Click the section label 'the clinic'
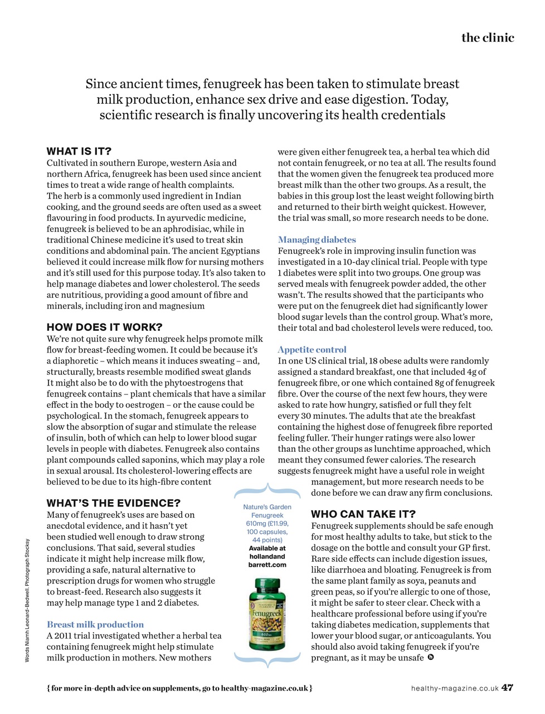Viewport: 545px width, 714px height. pos(488,38)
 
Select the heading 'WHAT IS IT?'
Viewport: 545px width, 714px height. pos(79,151)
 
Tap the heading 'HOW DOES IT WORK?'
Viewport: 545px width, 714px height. pos(105,327)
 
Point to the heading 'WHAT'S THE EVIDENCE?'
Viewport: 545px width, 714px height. pos(114,503)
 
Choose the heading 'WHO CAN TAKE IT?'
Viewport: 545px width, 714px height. pos(363,514)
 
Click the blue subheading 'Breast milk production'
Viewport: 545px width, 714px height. pos(95,625)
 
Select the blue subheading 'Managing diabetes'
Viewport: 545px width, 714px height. pos(317,240)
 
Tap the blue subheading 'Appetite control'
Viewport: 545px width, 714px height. pos(312,350)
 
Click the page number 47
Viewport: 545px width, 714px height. pos(507,688)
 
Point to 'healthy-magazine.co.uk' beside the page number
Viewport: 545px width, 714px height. pos(455,688)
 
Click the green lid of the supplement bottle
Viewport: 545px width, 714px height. pos(267,585)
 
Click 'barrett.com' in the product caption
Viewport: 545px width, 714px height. pos(267,565)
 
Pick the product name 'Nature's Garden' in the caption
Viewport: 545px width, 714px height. pos(267,507)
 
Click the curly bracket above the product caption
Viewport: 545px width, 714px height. pos(267,491)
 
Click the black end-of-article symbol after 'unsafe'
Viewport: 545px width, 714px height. pos(431,658)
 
